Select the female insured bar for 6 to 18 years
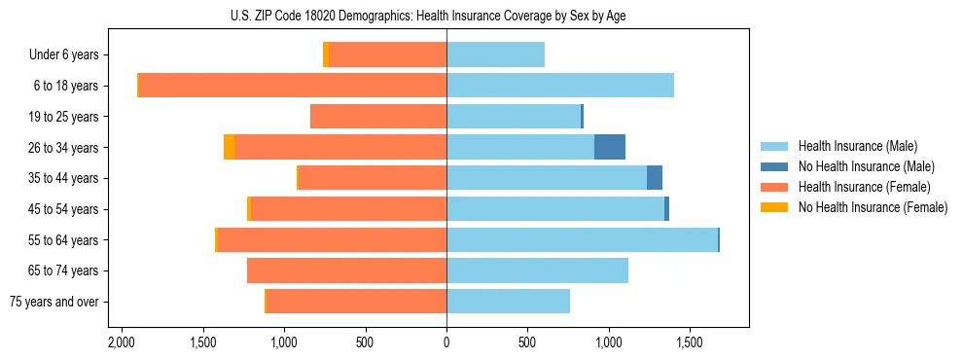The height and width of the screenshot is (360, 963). (x=292, y=86)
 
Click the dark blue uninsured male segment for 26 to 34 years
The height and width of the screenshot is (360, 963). (x=610, y=147)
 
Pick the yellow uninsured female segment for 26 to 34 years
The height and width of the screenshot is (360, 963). (x=229, y=147)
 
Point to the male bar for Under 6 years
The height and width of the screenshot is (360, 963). (x=495, y=54)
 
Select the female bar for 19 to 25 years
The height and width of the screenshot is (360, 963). (x=378, y=117)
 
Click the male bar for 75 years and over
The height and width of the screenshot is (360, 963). (x=508, y=302)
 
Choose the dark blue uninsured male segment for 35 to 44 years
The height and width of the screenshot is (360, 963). (x=655, y=178)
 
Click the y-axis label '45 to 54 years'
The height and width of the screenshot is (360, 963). (x=64, y=209)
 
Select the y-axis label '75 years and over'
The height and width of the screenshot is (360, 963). (x=53, y=302)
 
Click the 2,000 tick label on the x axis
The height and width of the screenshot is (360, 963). (x=122, y=343)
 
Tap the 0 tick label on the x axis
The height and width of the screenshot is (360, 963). (x=446, y=343)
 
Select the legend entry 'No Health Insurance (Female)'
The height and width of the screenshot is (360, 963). (x=873, y=207)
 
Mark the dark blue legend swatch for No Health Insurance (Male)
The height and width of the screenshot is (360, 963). (x=774, y=166)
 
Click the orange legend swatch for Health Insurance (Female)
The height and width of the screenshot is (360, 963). (x=774, y=187)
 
